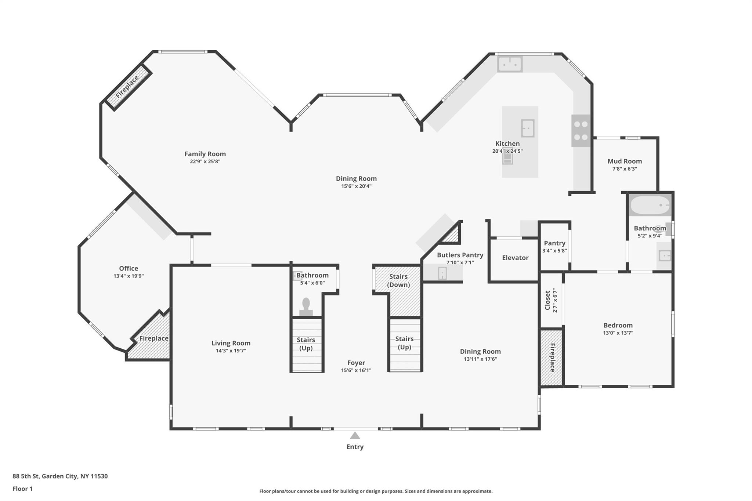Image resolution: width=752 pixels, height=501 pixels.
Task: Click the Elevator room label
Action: coord(515,258)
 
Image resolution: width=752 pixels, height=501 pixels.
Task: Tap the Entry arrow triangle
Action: coord(355,436)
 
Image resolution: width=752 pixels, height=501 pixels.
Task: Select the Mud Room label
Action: coord(625,161)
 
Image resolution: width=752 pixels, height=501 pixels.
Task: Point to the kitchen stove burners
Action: coord(581,131)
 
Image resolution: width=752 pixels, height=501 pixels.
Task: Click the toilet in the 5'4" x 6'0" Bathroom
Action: coord(306,307)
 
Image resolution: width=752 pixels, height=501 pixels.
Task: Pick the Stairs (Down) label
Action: coord(398,280)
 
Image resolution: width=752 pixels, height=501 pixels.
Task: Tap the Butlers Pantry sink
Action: coord(442,273)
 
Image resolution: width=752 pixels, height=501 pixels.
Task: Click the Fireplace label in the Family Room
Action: coord(127,87)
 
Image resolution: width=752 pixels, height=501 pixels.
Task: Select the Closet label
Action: coord(548,300)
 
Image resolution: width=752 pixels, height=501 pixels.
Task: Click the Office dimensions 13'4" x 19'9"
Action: coord(129,276)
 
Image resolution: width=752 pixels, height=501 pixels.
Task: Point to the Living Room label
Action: coord(231,343)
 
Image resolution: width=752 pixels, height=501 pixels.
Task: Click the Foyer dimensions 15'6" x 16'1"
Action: coord(356,370)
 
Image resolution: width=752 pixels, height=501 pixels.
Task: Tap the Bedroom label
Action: coord(618,325)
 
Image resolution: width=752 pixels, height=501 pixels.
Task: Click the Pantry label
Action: coord(554,243)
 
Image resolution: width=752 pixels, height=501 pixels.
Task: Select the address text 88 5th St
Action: coord(26,476)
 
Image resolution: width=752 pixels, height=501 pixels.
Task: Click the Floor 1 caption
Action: coord(22,489)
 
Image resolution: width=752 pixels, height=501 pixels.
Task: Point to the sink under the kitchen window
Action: coord(510,64)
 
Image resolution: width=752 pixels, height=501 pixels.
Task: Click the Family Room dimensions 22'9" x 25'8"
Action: coord(205,161)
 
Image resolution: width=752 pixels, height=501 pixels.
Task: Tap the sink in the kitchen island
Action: coord(528,128)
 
